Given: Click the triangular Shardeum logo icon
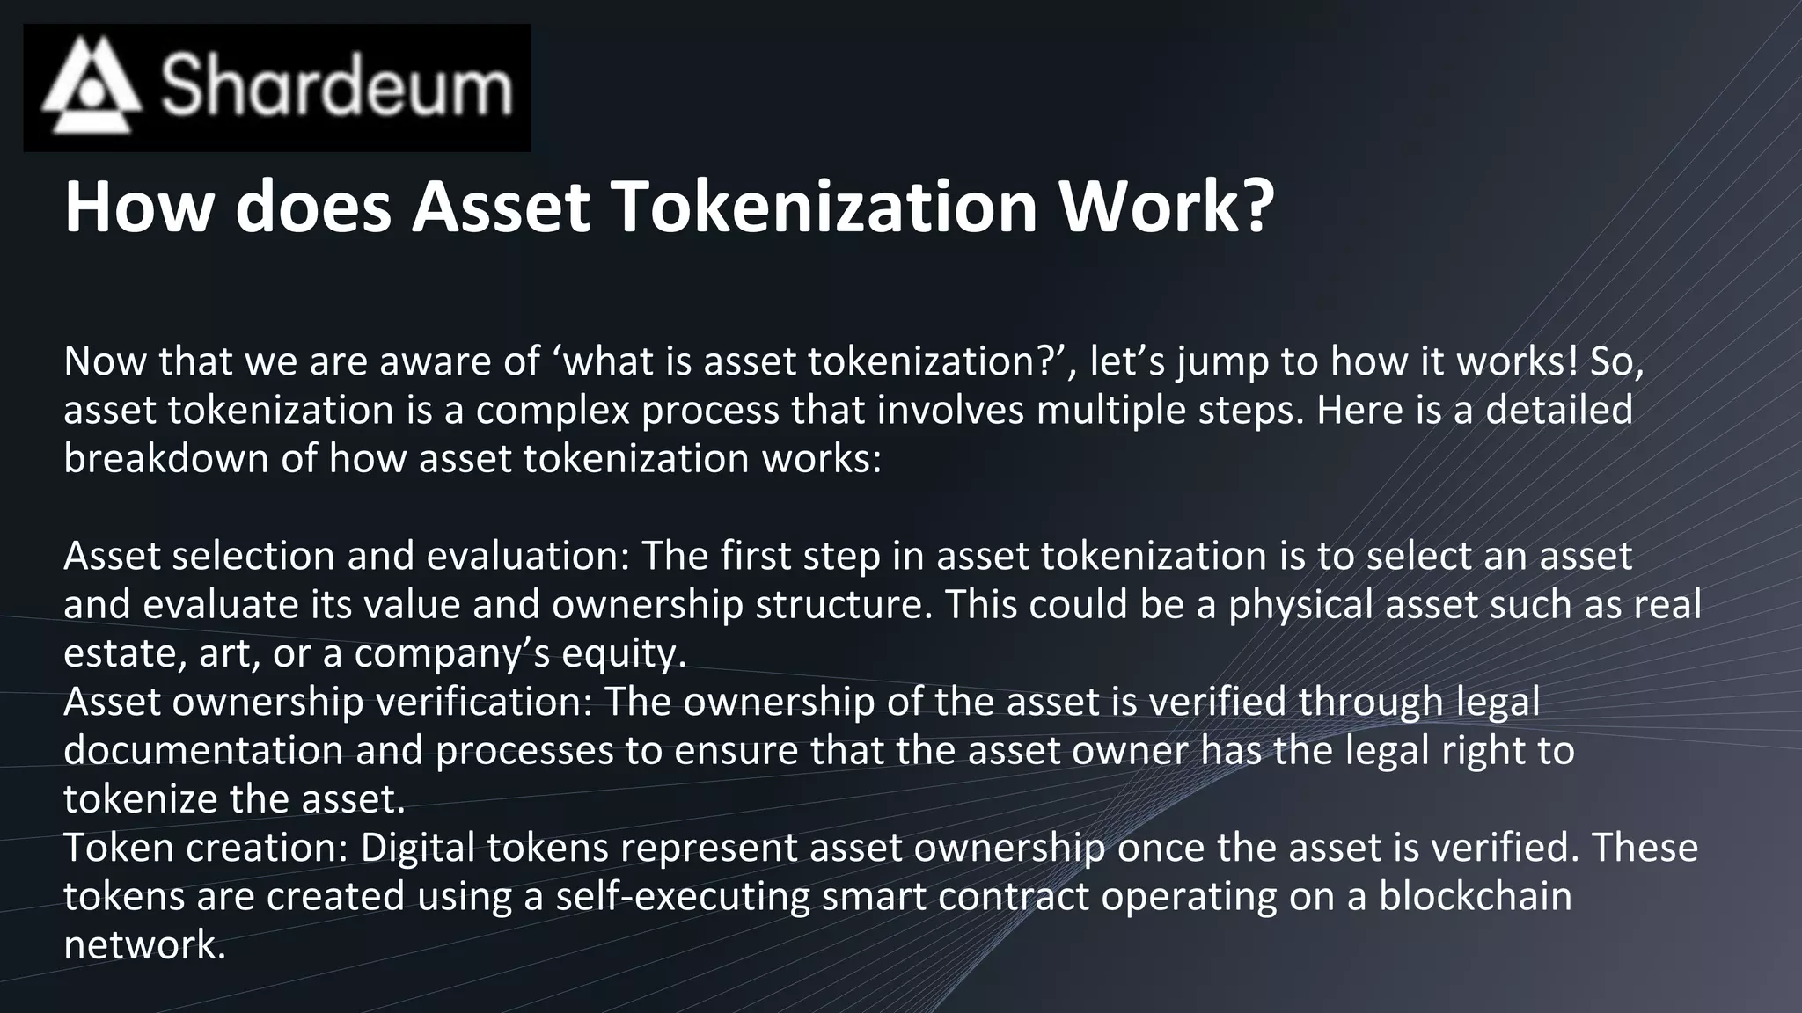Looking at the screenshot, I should click(x=91, y=85).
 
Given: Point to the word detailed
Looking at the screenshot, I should click(x=1558, y=410).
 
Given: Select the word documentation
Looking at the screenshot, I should click(x=203, y=750).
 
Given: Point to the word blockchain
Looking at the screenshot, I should click(x=1475, y=896).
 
